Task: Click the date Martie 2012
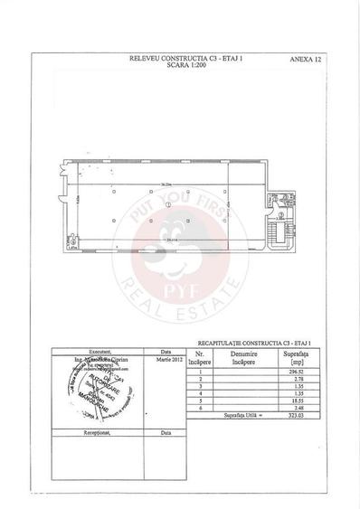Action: coord(166,359)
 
